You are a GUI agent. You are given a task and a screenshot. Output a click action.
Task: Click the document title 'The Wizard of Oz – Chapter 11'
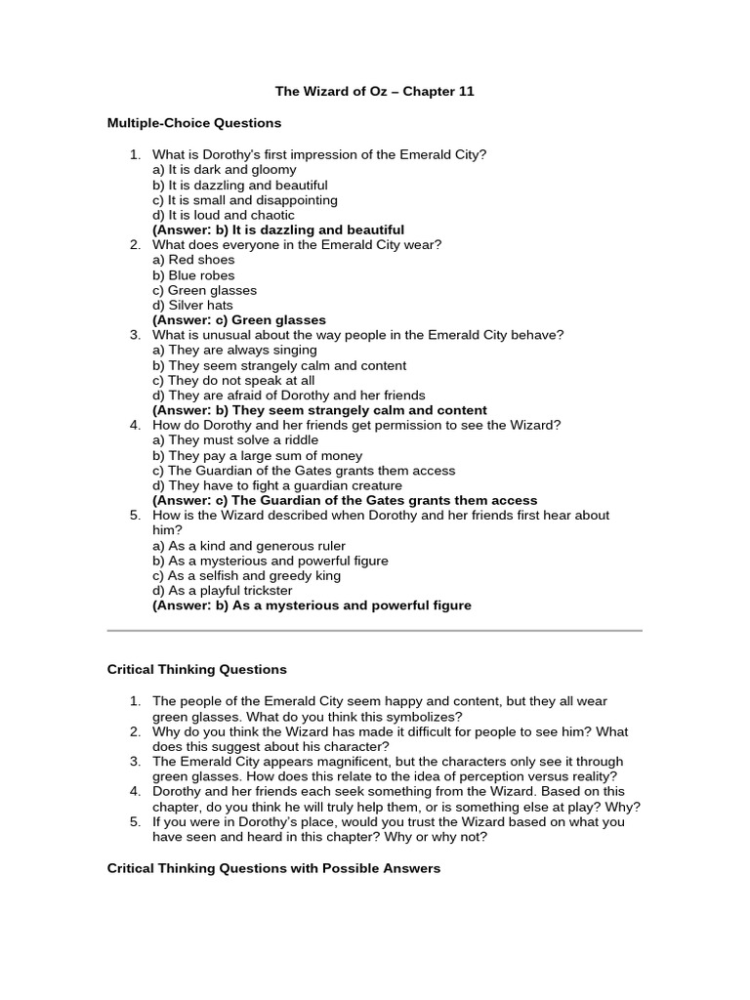coord(374,91)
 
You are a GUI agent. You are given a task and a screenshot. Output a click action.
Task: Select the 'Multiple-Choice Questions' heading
coord(193,123)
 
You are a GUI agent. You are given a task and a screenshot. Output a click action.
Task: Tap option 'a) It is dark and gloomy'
coord(224,169)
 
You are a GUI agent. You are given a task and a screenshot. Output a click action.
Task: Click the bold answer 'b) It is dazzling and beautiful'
coord(278,229)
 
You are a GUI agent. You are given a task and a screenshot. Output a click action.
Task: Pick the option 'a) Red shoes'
coord(193,260)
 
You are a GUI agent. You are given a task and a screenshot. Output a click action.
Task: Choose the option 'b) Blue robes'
coord(193,275)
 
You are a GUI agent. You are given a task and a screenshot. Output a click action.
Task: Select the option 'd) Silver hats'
coord(192,305)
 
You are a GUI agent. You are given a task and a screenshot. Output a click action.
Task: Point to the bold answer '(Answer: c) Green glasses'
coord(239,320)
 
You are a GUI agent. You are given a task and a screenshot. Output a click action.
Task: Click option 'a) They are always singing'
coord(234,350)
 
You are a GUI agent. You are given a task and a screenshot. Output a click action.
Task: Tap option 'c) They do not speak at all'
coord(233,380)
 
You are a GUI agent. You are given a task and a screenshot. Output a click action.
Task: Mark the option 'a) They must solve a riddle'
coord(235,440)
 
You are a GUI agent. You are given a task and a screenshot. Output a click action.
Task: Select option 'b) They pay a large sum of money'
coord(257,455)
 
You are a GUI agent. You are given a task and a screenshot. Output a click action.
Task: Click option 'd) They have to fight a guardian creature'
coord(277,485)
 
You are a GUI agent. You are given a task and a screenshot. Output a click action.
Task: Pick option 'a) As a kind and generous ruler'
coord(249,546)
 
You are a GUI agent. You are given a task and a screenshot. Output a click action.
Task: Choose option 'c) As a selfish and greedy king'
coord(246,575)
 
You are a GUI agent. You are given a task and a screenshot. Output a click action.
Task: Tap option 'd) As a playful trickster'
coord(222,591)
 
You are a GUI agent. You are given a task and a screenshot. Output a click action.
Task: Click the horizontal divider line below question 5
coord(374,631)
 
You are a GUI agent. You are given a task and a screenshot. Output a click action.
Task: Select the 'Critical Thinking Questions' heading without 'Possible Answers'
coord(196,670)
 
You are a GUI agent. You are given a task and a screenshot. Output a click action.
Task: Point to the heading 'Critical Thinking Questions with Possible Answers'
coord(273,868)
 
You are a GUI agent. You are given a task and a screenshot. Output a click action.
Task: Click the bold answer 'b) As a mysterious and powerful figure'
coord(312,605)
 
